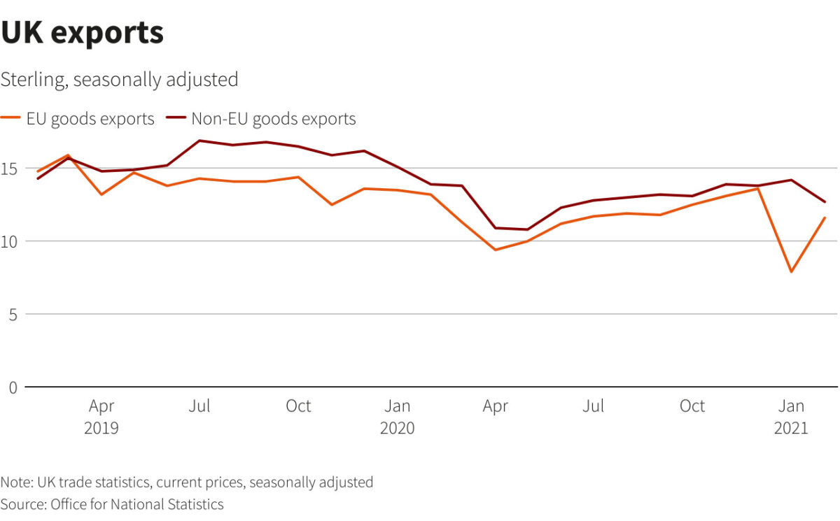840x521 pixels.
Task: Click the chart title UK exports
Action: click(x=82, y=33)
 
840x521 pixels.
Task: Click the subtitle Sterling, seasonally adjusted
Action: click(x=119, y=80)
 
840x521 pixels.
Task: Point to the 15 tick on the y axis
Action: click(x=9, y=169)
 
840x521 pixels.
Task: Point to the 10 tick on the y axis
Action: click(x=9, y=241)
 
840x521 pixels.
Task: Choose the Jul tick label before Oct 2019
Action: click(x=200, y=406)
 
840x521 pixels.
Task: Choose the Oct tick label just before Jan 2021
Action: click(x=692, y=406)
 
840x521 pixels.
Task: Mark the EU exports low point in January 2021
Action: click(x=791, y=271)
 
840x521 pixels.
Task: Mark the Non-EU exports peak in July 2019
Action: click(x=200, y=141)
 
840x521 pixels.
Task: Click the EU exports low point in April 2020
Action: click(x=496, y=250)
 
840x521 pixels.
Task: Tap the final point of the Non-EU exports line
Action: click(x=825, y=202)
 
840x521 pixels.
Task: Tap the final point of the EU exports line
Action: click(x=825, y=218)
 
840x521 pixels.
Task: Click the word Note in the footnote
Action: click(x=13, y=483)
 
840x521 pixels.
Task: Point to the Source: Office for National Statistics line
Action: click(x=112, y=504)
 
